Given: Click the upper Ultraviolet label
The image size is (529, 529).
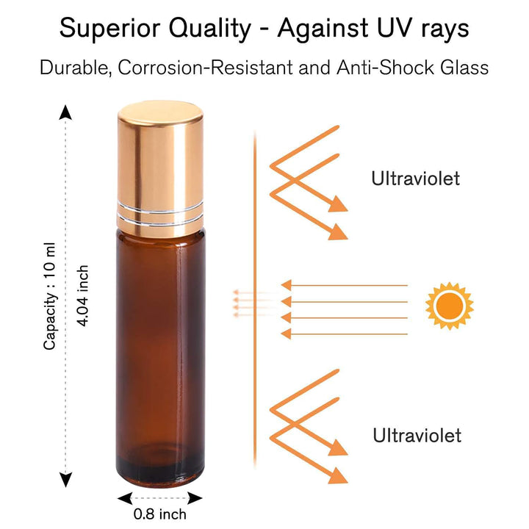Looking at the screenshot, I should pyautogui.click(x=415, y=178).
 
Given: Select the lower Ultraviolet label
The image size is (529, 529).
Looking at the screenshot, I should pyautogui.click(x=417, y=435).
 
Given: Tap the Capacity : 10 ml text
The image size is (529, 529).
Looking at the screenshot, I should pyautogui.click(x=50, y=297).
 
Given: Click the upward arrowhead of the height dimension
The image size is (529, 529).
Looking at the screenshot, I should pyautogui.click(x=66, y=112).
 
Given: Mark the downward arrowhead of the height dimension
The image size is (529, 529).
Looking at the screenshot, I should pyautogui.click(x=66, y=481).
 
